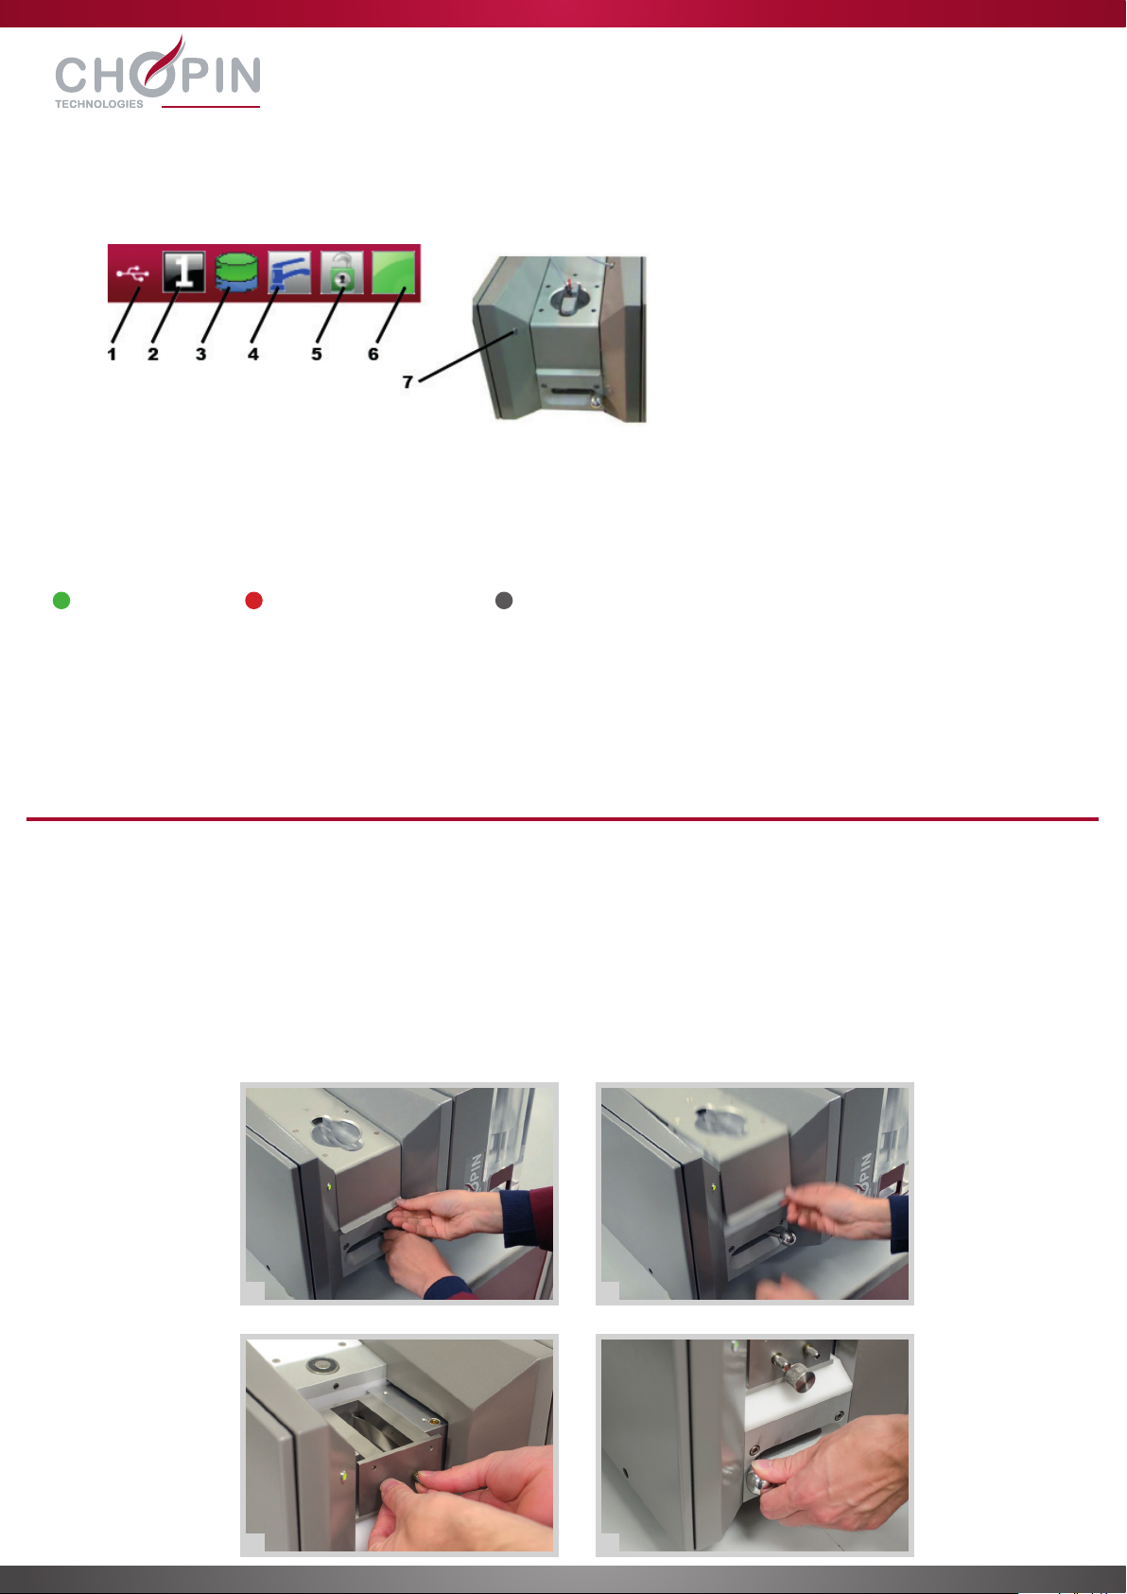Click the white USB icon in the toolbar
[x=133, y=273]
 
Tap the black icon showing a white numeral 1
[x=184, y=272]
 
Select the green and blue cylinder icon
[x=236, y=272]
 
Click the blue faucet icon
[x=288, y=272]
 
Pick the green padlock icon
[x=341, y=272]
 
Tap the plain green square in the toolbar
[x=393, y=272]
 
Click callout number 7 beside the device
[x=407, y=382]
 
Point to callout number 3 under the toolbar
[x=201, y=354]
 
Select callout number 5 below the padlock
[x=317, y=354]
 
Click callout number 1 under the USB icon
[x=112, y=354]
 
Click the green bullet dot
[x=61, y=601]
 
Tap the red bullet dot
[x=253, y=601]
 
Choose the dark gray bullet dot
[x=504, y=601]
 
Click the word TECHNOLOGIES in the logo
[x=99, y=104]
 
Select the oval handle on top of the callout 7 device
[x=569, y=299]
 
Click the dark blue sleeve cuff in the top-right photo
[x=898, y=1223]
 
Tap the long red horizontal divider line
[x=563, y=819]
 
